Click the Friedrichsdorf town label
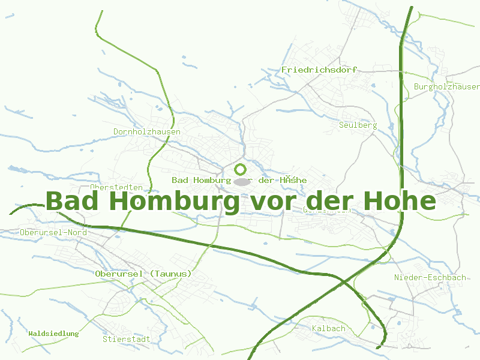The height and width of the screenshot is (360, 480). click(x=319, y=70)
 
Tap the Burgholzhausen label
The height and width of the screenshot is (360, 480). click(x=447, y=86)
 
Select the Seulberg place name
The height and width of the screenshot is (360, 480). click(x=358, y=125)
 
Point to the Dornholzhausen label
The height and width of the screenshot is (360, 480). click(x=147, y=131)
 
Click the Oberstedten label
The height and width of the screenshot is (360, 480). click(x=116, y=188)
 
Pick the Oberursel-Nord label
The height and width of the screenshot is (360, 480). click(x=53, y=232)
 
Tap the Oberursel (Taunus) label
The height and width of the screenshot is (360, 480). click(x=143, y=274)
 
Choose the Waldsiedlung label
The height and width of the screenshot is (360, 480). click(x=53, y=333)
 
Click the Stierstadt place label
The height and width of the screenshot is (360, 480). click(x=126, y=339)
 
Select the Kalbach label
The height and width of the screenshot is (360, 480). click(x=329, y=328)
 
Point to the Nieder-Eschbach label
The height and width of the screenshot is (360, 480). click(x=430, y=277)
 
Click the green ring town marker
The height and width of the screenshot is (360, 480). click(x=241, y=169)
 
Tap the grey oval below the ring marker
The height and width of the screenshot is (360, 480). click(x=241, y=181)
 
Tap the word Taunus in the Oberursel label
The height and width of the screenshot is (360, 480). click(x=172, y=274)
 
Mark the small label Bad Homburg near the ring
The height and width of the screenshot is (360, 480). click(x=201, y=180)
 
